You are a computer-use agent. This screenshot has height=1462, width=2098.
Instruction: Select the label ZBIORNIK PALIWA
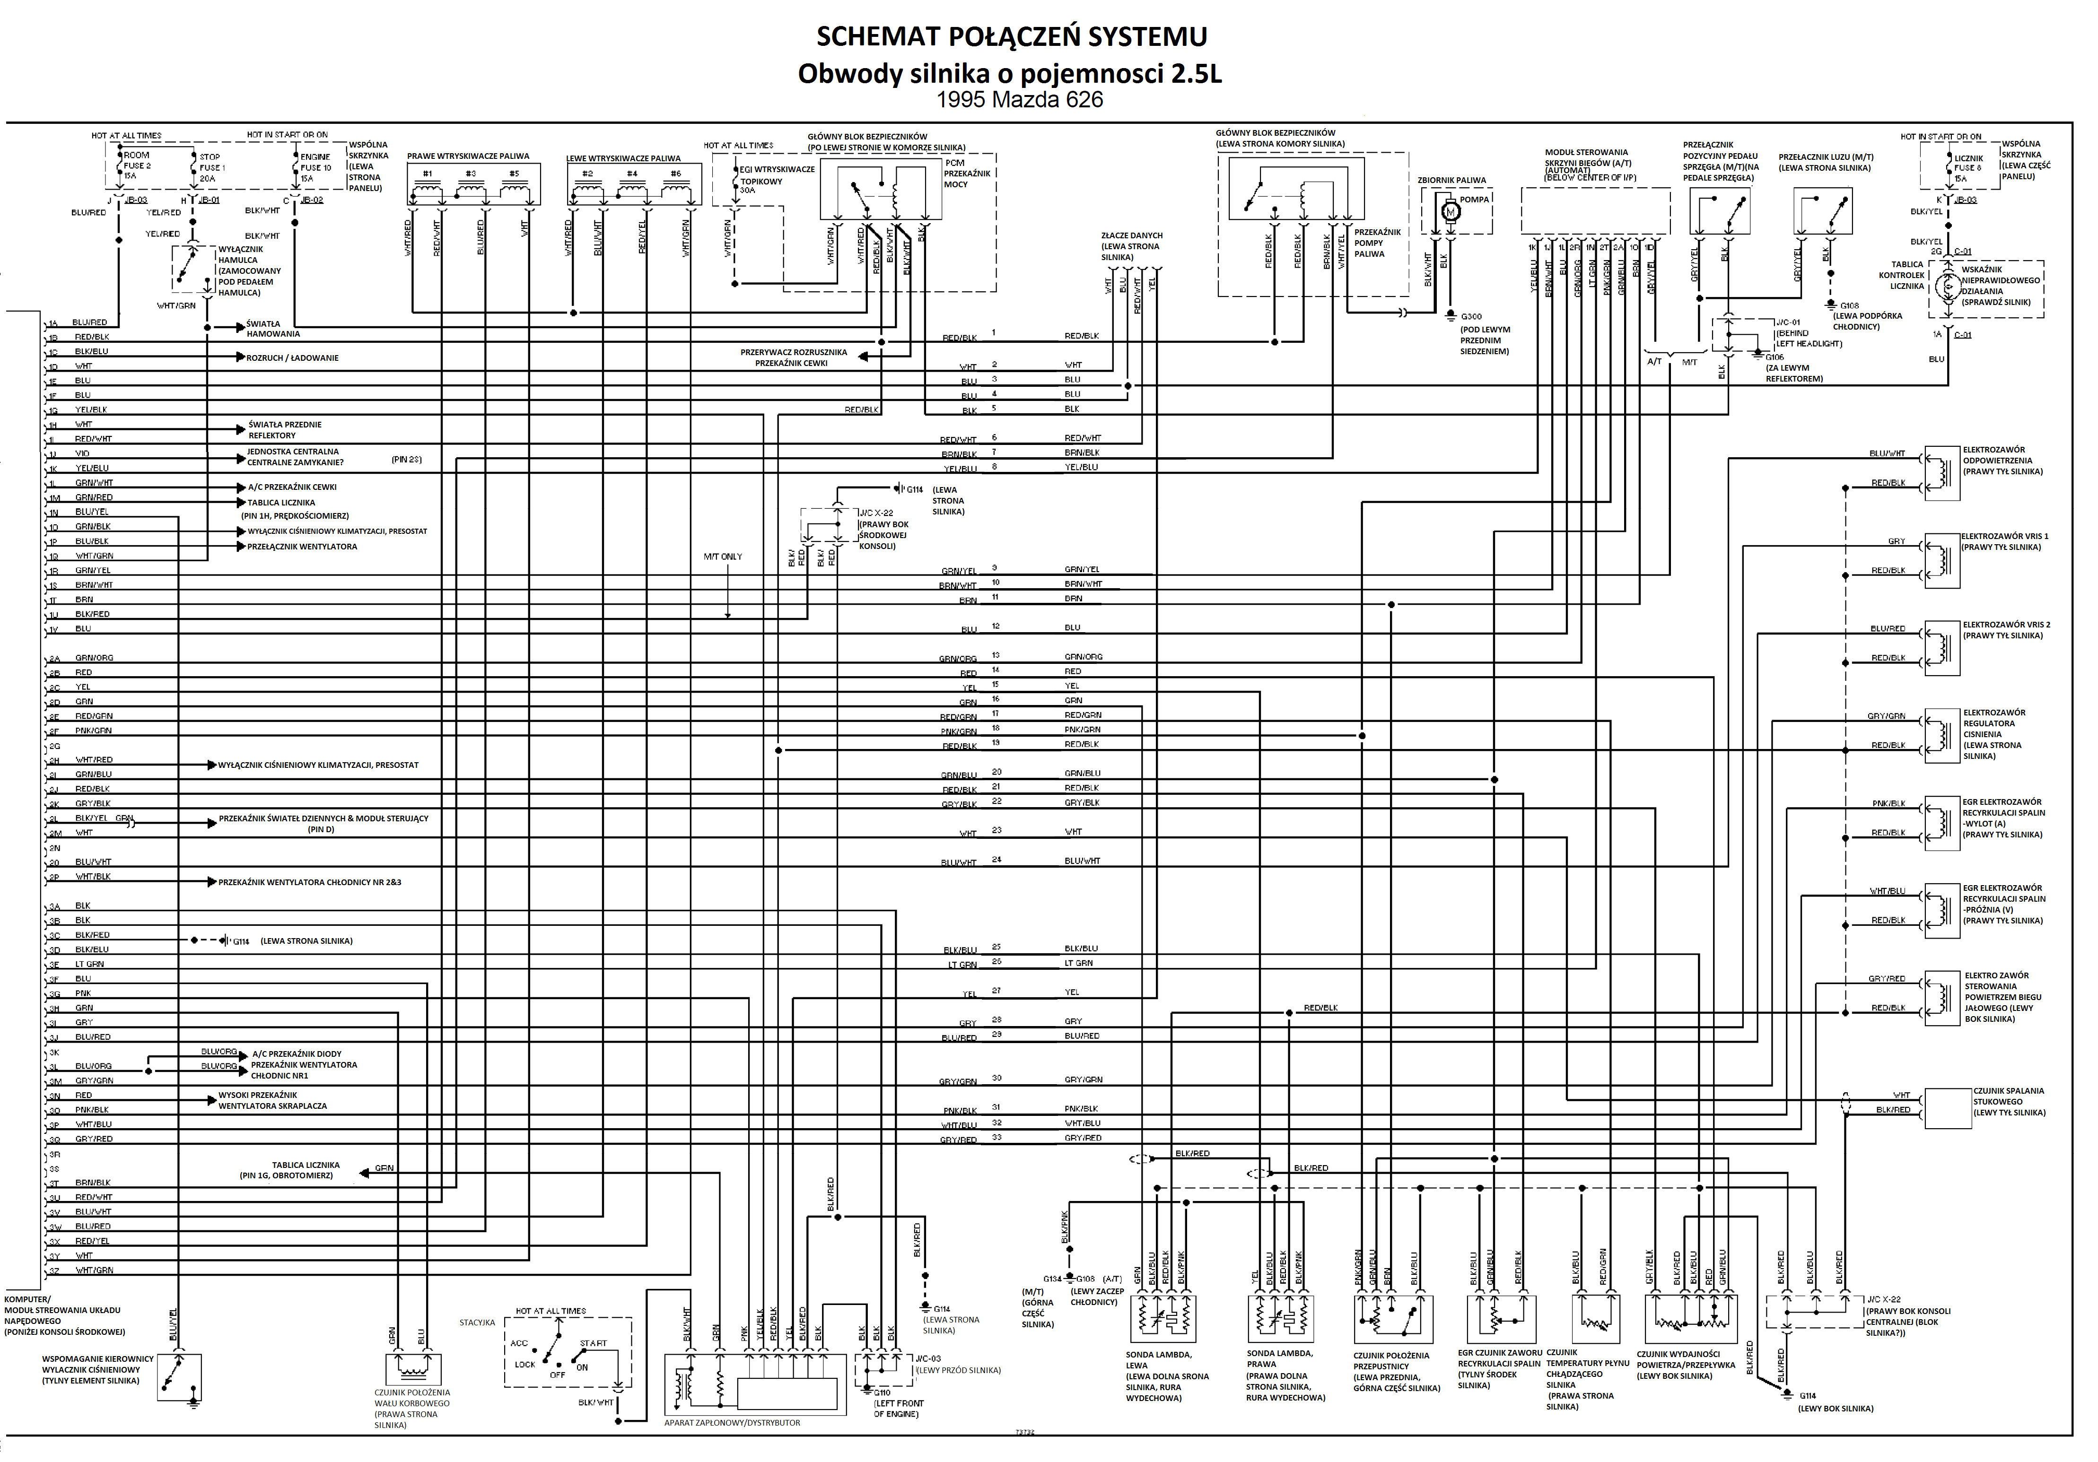pyautogui.click(x=1451, y=180)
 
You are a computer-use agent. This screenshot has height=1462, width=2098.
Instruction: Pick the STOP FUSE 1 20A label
pyautogui.click(x=212, y=167)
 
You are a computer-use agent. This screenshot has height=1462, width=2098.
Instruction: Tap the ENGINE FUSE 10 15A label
pyautogui.click(x=315, y=167)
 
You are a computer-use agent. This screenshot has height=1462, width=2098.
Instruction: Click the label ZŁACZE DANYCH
pyautogui.click(x=1131, y=236)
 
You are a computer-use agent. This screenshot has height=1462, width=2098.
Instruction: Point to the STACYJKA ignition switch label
pyautogui.click(x=477, y=1322)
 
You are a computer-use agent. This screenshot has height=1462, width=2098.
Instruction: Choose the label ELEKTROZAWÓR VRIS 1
pyautogui.click(x=2004, y=536)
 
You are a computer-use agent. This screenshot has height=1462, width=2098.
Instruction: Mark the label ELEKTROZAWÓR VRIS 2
pyautogui.click(x=2006, y=625)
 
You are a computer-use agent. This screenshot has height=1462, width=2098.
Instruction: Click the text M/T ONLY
pyautogui.click(x=723, y=557)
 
